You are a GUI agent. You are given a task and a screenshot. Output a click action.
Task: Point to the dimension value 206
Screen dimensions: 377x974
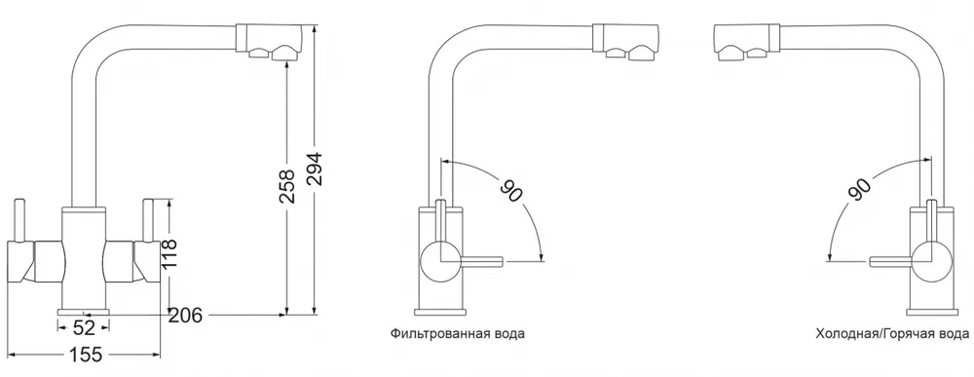click(184, 314)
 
